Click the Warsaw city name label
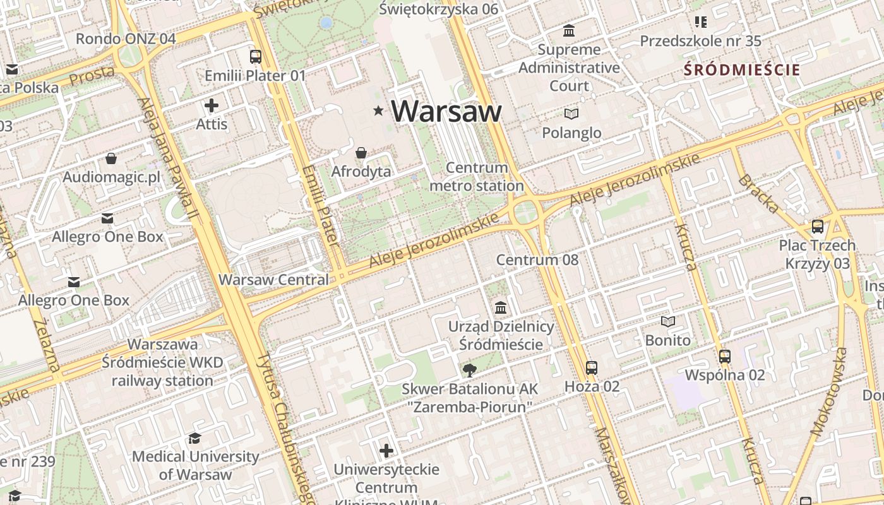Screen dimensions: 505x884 pos(446,111)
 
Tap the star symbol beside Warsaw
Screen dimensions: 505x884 pos(378,111)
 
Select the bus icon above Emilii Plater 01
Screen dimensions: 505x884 pos(255,57)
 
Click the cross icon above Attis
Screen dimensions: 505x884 pos(212,105)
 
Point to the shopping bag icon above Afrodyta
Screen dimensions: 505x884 pos(361,153)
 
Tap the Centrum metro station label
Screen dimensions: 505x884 pos(477,177)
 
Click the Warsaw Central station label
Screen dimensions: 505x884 pos(273,280)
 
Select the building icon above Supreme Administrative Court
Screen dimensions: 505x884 pos(569,30)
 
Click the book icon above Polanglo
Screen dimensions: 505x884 pos(571,114)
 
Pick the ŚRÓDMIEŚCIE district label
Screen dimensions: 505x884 pos(742,70)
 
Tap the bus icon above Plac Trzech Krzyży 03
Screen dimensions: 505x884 pos(818,227)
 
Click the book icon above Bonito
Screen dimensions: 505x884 pos(667,322)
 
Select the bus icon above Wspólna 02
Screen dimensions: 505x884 pos(725,357)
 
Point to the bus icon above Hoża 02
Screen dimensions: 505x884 pos(592,368)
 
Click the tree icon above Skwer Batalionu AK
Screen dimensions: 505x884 pos(469,371)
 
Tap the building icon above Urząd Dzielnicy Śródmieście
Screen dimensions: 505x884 pos(501,308)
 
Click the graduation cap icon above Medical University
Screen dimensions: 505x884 pos(195,438)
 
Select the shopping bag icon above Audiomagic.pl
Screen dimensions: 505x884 pos(111,158)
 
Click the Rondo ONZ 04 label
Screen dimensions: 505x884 pos(126,39)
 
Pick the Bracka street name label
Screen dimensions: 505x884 pos(758,194)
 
